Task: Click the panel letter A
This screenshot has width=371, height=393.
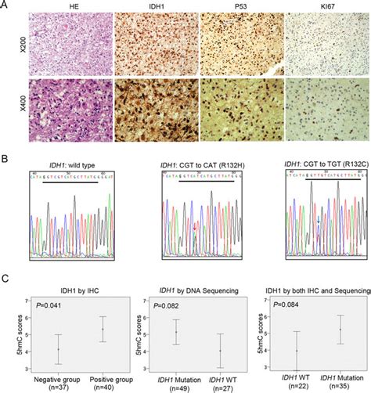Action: [x=5, y=5]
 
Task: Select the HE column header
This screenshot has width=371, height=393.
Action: [x=67, y=5]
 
